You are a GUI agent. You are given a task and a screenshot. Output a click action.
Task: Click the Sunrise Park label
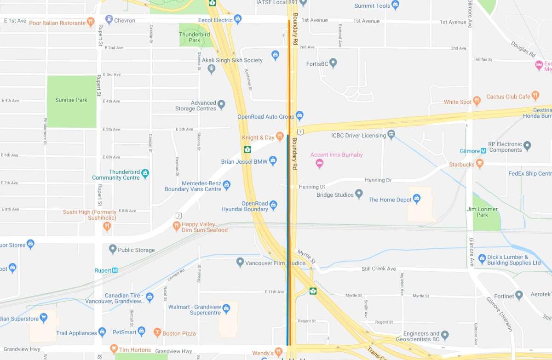[x=71, y=100]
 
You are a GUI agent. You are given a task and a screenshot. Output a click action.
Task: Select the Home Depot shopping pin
[x=417, y=199]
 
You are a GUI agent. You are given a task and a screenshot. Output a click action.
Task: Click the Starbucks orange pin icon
[x=480, y=163]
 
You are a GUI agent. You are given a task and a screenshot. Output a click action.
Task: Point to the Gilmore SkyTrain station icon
[x=483, y=151]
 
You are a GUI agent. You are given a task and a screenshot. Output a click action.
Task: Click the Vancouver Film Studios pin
[x=240, y=262]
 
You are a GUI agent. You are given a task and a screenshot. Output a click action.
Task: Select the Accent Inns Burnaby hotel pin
[x=319, y=163]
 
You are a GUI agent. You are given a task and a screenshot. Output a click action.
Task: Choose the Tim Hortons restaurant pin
[x=114, y=349]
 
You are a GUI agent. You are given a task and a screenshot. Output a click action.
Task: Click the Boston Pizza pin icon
[x=157, y=332]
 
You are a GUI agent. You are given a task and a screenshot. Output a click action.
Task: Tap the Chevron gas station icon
[x=109, y=19]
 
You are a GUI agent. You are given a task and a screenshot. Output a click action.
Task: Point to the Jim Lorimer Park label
[x=482, y=212]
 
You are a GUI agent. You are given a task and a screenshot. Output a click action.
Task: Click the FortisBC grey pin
[x=333, y=63]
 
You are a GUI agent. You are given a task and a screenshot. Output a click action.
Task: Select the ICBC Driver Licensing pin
[x=391, y=134]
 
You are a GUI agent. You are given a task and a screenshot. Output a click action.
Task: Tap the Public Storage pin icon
[x=113, y=249]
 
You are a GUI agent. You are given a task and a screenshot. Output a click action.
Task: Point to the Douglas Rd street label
[x=523, y=49]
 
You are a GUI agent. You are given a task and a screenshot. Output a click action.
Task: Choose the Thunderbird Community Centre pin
[x=145, y=173]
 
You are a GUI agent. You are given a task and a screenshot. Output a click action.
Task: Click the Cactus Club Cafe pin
[x=535, y=96]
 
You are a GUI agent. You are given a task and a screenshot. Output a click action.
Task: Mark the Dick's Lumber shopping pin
[x=482, y=258]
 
